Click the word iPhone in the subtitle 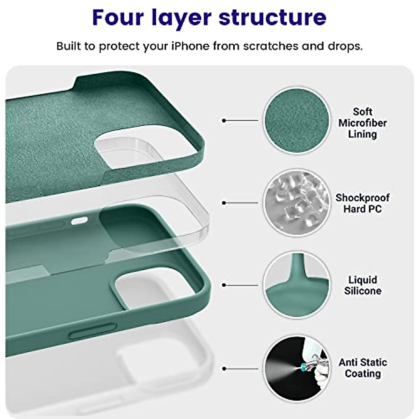(190, 46)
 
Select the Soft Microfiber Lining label (362, 123)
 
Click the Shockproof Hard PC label (362, 203)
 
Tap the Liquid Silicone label (362, 285)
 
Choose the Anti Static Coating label (362, 368)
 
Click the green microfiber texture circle (296, 120)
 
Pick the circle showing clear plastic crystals (296, 203)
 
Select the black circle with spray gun (296, 368)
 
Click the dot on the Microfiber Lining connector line (224, 120)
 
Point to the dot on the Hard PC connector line (224, 203)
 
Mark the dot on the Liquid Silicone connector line (224, 285)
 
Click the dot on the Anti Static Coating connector (224, 369)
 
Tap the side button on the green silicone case (93, 330)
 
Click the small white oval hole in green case (79, 221)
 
